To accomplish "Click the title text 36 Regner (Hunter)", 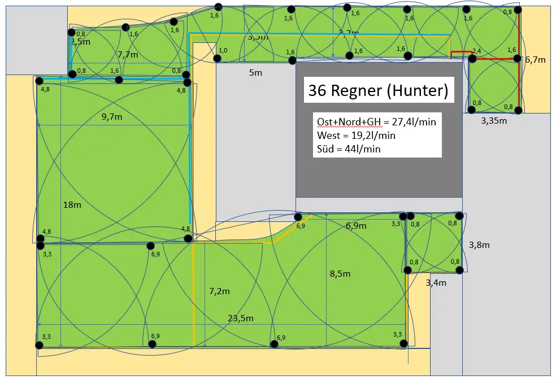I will point(378,90).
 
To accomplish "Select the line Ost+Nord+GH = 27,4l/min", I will point(375,121).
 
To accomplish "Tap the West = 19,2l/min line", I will point(356,136).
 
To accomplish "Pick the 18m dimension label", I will point(72,204).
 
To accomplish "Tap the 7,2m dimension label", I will point(219,291).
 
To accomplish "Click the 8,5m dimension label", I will point(340,274).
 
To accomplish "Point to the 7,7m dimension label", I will point(128,55).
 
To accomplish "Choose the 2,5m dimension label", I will point(81,41).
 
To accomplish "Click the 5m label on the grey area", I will point(256,72).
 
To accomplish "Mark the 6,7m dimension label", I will point(535,59).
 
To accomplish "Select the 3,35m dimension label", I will point(493,120).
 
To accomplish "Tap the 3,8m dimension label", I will point(479,244).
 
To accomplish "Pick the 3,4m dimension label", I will point(436,282).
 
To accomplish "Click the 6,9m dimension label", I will point(356,225).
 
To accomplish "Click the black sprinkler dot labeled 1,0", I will point(217,58).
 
